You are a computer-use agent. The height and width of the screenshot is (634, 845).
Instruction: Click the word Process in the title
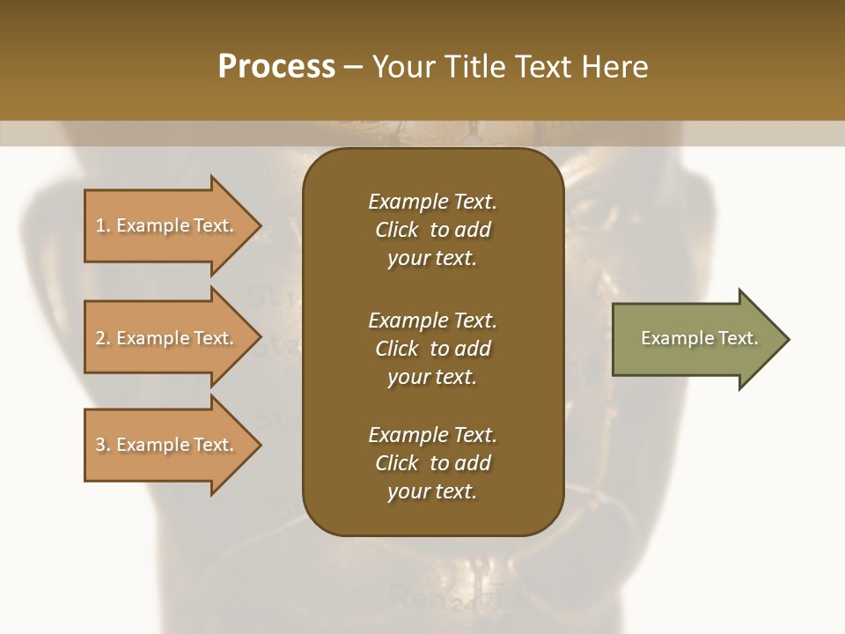pos(276,67)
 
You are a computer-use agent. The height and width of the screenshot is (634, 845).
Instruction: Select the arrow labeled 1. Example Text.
pos(165,225)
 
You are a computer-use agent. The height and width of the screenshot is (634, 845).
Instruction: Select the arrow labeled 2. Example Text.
pos(165,338)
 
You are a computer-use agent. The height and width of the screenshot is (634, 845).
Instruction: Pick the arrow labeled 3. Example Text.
pos(165,445)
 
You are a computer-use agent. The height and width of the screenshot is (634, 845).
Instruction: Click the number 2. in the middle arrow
pos(103,338)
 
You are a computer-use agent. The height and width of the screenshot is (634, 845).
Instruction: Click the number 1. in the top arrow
pos(102,225)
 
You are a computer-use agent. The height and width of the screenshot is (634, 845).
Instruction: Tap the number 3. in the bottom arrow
pos(103,445)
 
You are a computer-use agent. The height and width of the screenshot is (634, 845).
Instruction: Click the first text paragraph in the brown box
pos(432,230)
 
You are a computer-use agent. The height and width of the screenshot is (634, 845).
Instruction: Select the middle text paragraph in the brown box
pos(432,348)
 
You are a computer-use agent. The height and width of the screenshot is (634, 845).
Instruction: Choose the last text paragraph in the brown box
pos(432,463)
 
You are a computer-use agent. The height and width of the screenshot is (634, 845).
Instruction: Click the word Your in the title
pos(401,67)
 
